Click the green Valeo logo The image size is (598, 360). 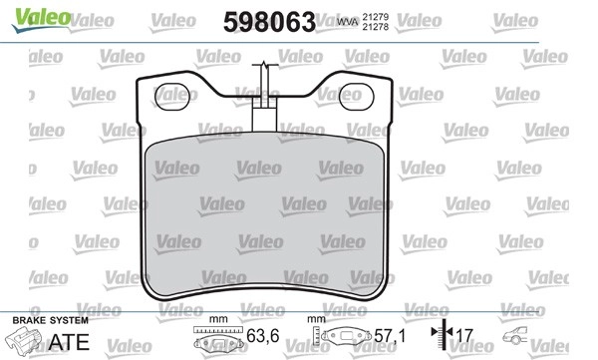pos(41,19)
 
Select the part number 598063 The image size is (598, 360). pos(269,22)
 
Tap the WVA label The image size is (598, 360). pos(348,22)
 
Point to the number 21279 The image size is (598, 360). pos(376,17)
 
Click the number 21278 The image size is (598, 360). pos(376,27)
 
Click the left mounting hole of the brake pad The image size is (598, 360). pos(172,97)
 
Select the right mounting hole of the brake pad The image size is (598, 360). pos(356,97)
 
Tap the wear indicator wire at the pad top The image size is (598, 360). pos(264,96)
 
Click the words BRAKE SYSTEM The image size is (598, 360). pos(51,320)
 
